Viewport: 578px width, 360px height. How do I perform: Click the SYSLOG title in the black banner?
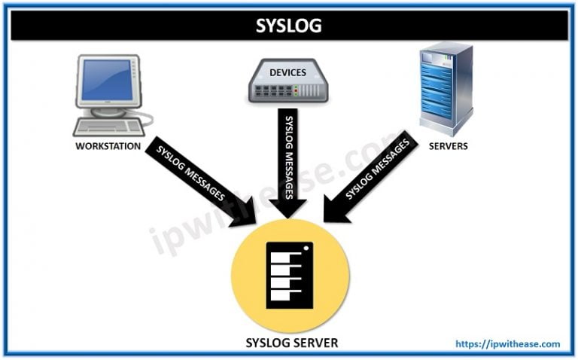288,25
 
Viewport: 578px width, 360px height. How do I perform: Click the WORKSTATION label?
108,146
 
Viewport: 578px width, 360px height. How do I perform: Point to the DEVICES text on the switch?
287,72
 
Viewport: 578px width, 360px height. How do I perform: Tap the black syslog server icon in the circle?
290,275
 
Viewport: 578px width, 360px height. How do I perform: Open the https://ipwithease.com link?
508,344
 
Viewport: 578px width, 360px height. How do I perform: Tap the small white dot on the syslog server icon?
307,248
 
